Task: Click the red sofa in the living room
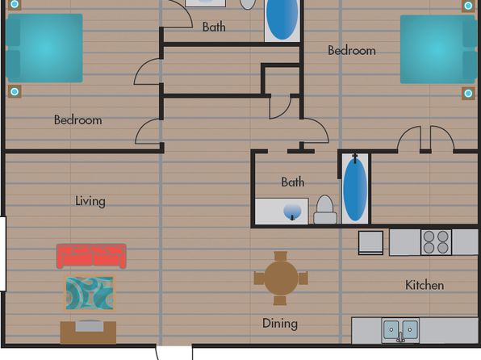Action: tap(91, 256)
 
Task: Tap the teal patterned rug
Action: tap(90, 293)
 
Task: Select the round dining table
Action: tap(281, 278)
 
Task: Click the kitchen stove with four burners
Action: tap(436, 242)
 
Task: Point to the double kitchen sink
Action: tap(400, 330)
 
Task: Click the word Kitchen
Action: tap(425, 285)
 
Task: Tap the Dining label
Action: tap(280, 324)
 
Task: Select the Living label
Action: tap(90, 201)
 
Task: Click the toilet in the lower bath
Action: tap(325, 210)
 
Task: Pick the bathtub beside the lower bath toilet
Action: tap(355, 189)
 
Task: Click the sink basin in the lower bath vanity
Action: tap(292, 211)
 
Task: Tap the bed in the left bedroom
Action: tap(44, 48)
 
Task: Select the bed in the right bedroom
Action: tap(439, 49)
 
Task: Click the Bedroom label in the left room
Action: tap(78, 119)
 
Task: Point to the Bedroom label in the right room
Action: tap(352, 50)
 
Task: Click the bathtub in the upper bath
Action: tap(282, 20)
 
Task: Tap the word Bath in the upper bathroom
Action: tap(214, 27)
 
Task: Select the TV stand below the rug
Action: tap(88, 332)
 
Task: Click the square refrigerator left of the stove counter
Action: tap(370, 242)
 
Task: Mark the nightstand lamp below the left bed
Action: tap(14, 91)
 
